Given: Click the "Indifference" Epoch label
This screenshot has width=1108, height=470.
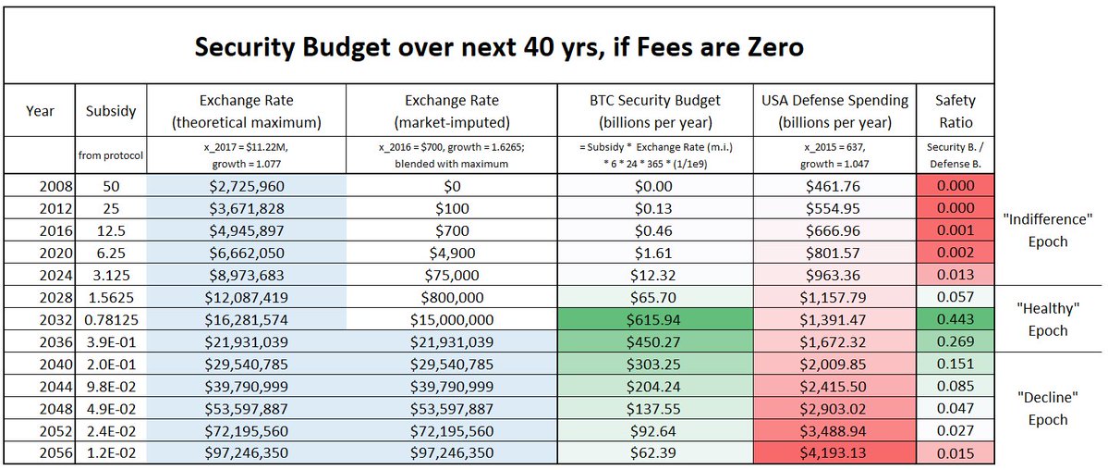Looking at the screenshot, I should tap(1047, 230).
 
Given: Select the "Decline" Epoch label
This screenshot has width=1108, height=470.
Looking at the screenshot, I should tap(1047, 407).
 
